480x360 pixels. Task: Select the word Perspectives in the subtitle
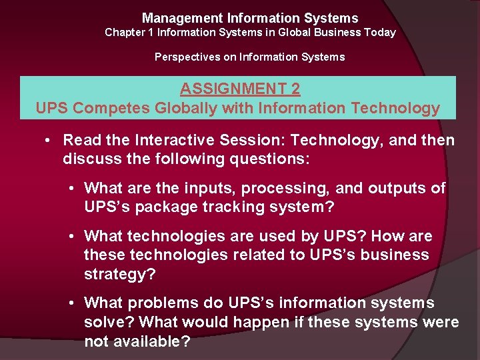(x=187, y=57)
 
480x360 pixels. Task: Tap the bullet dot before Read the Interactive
(x=49, y=141)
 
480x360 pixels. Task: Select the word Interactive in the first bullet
(x=173, y=141)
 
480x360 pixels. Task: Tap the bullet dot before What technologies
(x=71, y=237)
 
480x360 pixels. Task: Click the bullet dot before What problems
(x=71, y=303)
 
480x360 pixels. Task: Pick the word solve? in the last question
(x=105, y=323)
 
